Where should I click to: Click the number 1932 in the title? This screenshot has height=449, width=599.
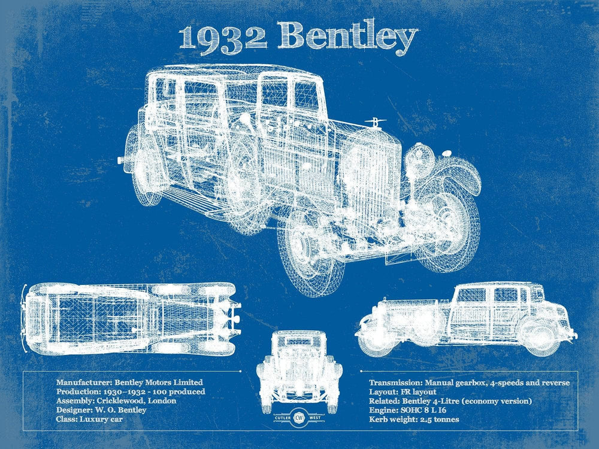223,37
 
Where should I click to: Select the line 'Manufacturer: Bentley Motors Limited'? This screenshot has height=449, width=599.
129,382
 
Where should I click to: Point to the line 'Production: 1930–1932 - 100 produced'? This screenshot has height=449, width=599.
131,392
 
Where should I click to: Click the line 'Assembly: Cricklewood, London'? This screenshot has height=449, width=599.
116,401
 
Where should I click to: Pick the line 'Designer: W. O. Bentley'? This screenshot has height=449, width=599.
101,410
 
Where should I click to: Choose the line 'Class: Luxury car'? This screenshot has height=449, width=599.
89,419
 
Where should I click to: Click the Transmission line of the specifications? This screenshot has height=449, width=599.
469,382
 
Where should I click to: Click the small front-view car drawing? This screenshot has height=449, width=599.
299,365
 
